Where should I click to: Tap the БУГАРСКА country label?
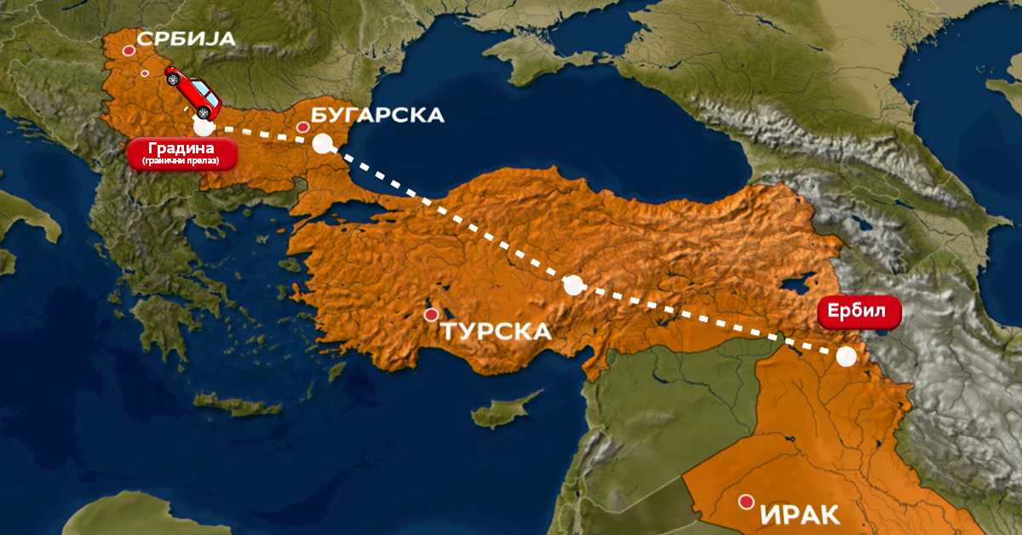tap(377, 115)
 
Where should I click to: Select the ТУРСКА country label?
tap(496, 331)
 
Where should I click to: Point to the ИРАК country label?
tap(799, 515)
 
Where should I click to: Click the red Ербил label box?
tap(858, 312)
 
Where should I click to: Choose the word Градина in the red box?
tap(181, 148)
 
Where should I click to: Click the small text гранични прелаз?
tap(181, 160)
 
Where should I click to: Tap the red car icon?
tap(192, 91)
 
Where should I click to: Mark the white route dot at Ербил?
tap(845, 357)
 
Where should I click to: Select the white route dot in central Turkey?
tap(574, 285)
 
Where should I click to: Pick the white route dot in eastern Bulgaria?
tap(322, 143)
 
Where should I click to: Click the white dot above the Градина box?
tap(203, 127)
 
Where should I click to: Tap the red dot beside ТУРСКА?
tap(432, 314)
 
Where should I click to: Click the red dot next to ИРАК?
tap(747, 502)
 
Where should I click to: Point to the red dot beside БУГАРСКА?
tap(302, 128)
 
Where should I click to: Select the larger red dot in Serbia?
tap(129, 51)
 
